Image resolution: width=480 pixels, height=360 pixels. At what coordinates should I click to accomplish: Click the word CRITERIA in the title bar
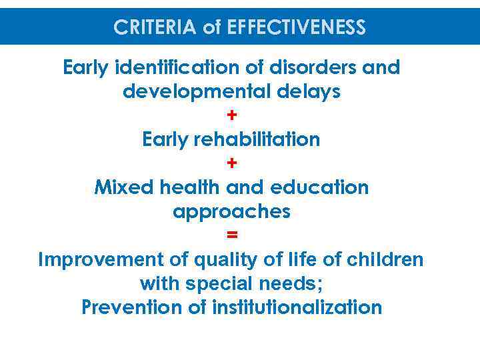pyautogui.click(x=153, y=28)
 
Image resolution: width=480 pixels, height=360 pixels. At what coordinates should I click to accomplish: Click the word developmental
pyautogui.click(x=189, y=92)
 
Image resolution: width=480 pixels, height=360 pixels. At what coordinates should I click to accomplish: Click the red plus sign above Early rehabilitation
pyautogui.click(x=231, y=115)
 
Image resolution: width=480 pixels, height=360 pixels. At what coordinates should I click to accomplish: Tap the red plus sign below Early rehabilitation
pyautogui.click(x=231, y=163)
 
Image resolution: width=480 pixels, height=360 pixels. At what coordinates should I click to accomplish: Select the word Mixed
pyautogui.click(x=125, y=187)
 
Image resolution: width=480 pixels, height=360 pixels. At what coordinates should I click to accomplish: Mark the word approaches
pyautogui.click(x=231, y=211)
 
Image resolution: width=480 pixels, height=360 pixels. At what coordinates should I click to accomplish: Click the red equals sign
pyautogui.click(x=231, y=235)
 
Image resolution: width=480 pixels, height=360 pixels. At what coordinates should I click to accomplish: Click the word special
pyautogui.click(x=217, y=283)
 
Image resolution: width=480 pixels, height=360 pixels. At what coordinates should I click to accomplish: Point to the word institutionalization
pyautogui.click(x=297, y=307)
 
